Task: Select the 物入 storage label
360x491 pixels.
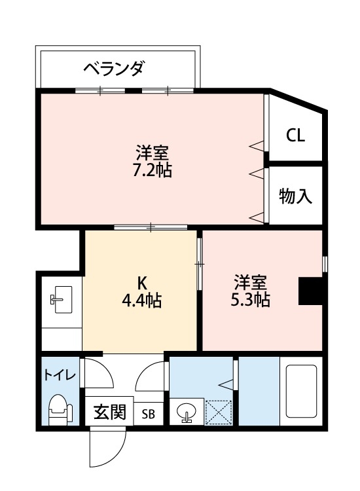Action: [x=295, y=196]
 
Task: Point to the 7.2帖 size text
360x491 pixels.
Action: [x=152, y=172]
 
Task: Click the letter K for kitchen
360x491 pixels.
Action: [x=141, y=283]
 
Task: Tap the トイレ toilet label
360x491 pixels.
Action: [x=60, y=376]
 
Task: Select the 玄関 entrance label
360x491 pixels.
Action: [x=109, y=412]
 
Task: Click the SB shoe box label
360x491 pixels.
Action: [x=149, y=414]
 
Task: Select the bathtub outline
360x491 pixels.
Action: [x=301, y=393]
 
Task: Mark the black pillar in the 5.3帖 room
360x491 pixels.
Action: [x=310, y=291]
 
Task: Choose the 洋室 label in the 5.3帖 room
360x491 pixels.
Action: [x=251, y=283]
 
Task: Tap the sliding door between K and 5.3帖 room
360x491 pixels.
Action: [x=200, y=264]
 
